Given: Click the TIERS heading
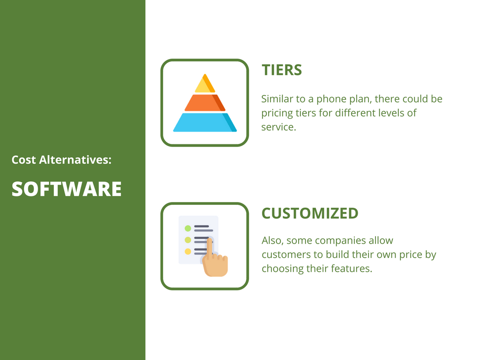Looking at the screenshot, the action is tap(282, 70).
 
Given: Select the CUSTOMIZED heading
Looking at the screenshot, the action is tap(310, 213).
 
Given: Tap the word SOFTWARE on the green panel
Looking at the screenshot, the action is tap(67, 189).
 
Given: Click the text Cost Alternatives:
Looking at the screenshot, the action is tap(61, 160).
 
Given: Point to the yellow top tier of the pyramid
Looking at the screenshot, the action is tap(205, 84).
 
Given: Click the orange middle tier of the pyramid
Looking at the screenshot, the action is tap(205, 103).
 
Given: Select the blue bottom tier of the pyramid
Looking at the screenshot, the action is tap(205, 122).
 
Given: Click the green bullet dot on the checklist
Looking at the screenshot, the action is tap(188, 228).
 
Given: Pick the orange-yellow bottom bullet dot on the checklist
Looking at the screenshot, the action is tap(188, 251).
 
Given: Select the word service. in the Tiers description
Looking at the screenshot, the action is tap(278, 127).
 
